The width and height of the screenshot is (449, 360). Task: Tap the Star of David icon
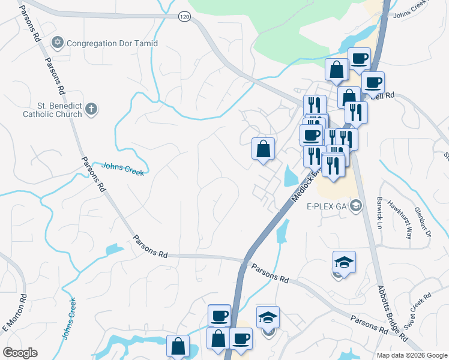(x=58, y=43)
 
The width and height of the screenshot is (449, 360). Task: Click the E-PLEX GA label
(x=327, y=206)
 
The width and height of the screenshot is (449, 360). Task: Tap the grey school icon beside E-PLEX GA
(x=357, y=206)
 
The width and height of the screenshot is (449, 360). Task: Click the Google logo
(x=20, y=353)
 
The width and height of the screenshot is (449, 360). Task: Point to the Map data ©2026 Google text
(x=411, y=355)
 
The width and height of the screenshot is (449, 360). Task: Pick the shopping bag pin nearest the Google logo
(x=178, y=346)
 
